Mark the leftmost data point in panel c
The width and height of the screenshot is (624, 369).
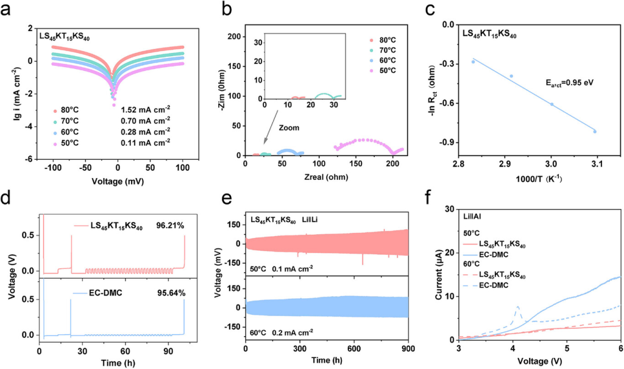pyautogui.click(x=473, y=62)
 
